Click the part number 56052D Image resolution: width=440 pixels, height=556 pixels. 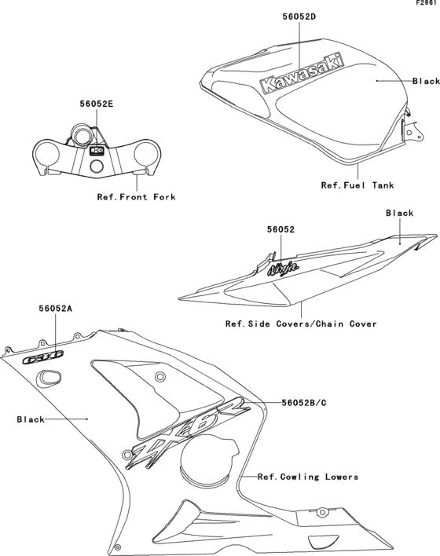tap(299, 16)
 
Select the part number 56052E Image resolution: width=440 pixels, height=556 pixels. tap(97, 102)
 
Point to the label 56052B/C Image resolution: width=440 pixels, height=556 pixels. tap(304, 402)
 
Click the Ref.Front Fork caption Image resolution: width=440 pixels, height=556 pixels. tap(136, 196)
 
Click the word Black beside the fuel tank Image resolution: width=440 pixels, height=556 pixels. tap(426, 81)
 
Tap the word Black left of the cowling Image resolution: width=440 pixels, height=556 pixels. tap(31, 419)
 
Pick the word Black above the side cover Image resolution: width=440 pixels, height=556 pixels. tap(399, 213)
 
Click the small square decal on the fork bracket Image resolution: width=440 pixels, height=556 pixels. tap(97, 151)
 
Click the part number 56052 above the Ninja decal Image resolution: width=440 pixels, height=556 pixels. tap(280, 229)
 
